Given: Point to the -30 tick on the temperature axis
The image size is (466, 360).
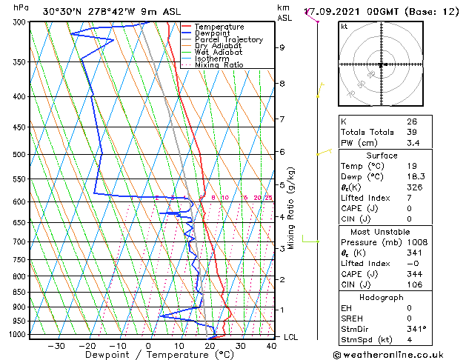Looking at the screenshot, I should tap(56, 345).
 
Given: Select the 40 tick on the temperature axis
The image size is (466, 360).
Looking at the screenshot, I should tap(272, 345).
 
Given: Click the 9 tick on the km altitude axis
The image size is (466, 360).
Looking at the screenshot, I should tap(282, 47).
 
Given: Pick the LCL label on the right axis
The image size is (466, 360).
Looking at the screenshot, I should tap(292, 337).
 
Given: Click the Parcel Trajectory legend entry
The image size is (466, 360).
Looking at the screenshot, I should tap(228, 39).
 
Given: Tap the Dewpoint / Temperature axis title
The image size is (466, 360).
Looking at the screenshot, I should tap(149, 355).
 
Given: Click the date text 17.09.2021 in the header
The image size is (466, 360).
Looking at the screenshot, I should tap(330, 11).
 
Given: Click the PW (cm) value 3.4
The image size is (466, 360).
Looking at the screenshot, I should tap(412, 142).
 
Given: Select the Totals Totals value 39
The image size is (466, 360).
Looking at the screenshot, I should tap(411, 132).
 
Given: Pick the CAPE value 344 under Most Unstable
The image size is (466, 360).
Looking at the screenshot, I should tap(414, 274).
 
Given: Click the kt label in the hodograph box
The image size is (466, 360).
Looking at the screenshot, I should tap(344, 26).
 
